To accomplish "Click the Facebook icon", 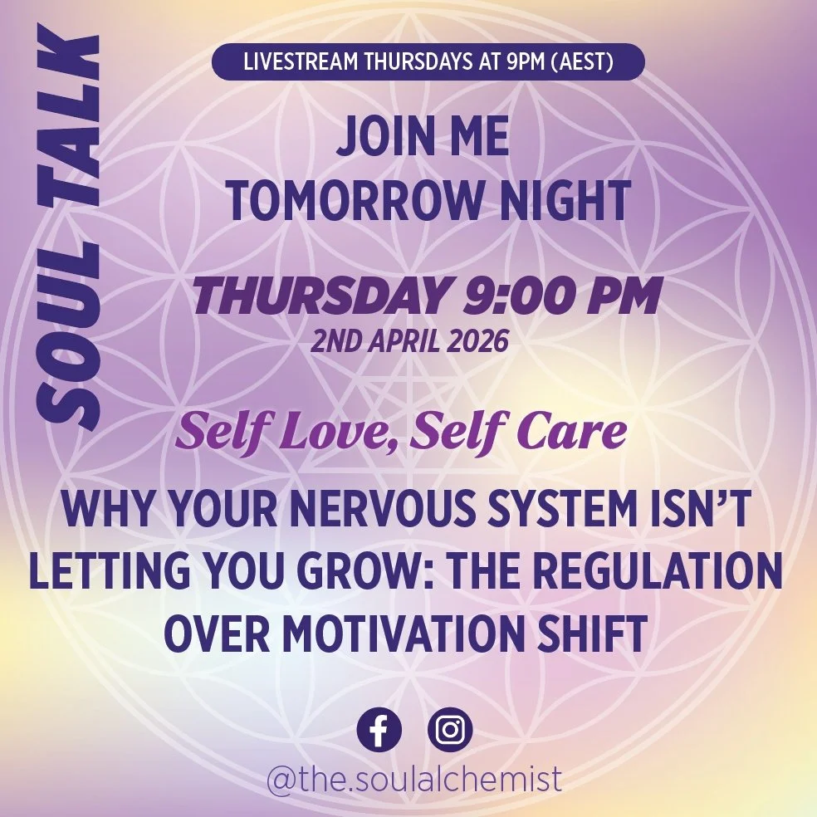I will (x=379, y=731).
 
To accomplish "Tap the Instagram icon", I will (x=450, y=731).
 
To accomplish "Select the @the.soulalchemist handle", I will (x=413, y=780).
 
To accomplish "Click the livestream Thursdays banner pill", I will (x=428, y=62).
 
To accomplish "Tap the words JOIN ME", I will (x=423, y=140).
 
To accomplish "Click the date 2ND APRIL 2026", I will (x=408, y=341).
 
